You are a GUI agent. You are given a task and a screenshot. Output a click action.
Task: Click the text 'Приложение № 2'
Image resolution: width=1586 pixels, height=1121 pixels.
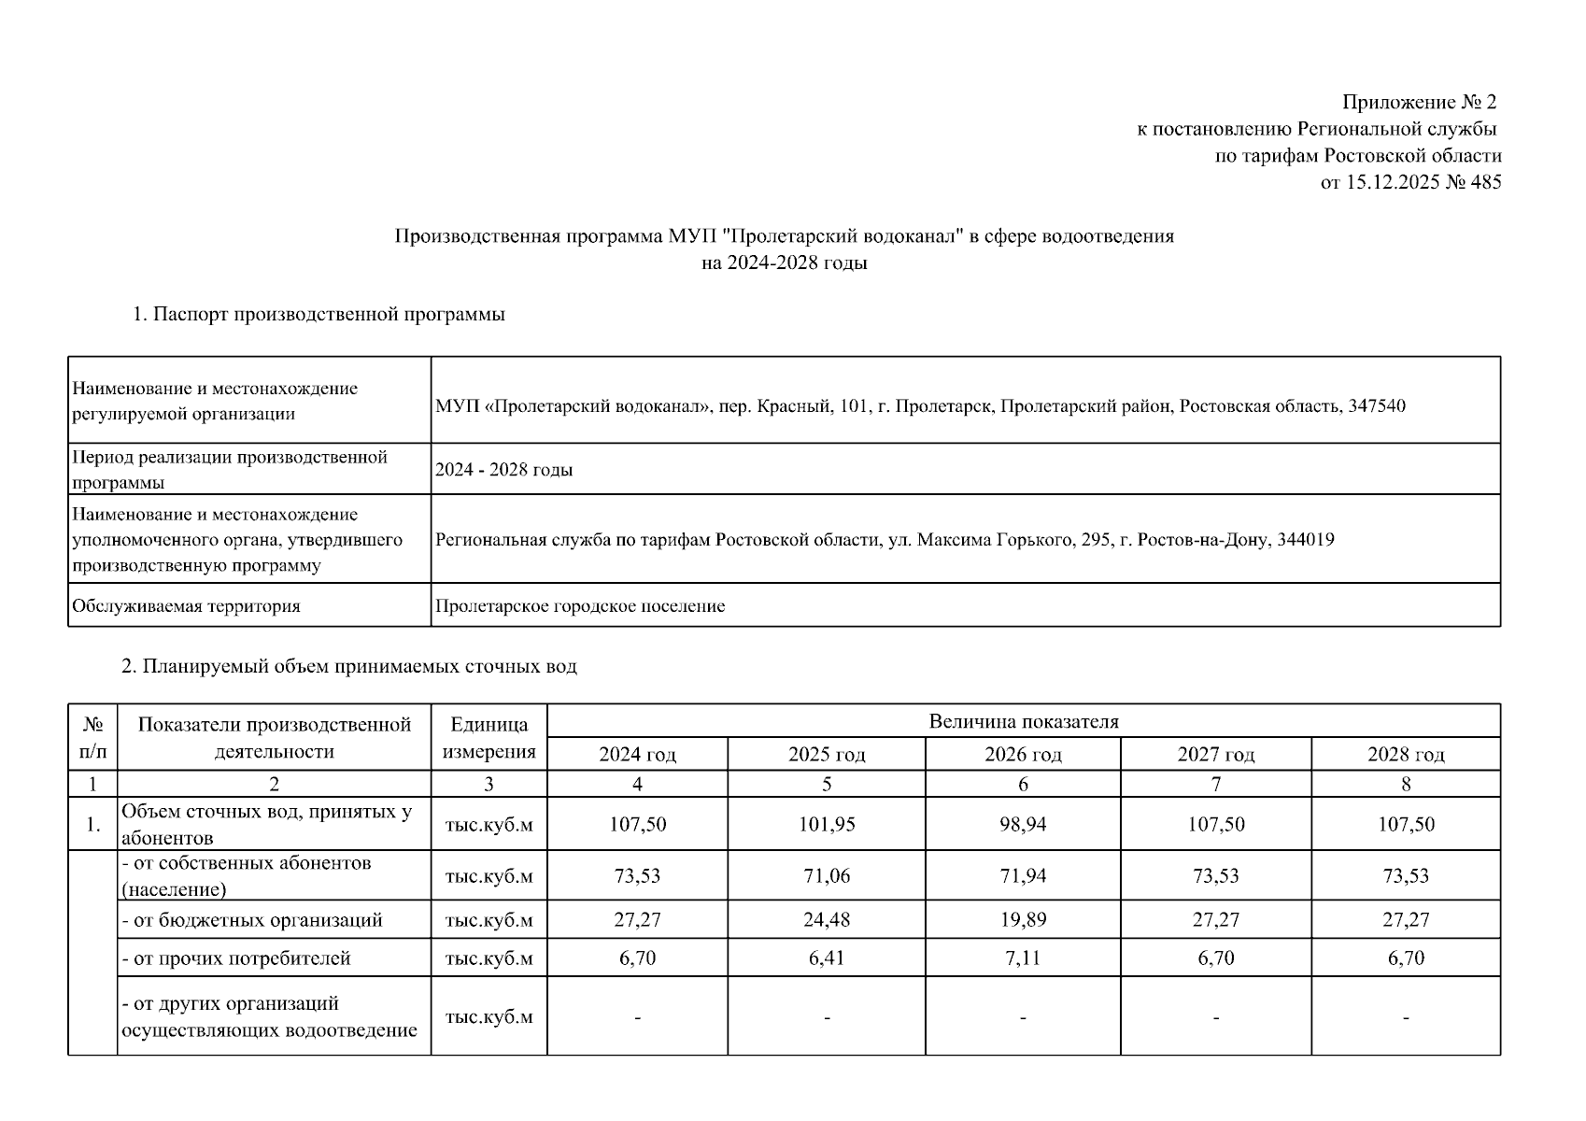(1419, 102)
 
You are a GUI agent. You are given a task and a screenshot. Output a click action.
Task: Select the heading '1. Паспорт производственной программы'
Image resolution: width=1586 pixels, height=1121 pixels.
(319, 315)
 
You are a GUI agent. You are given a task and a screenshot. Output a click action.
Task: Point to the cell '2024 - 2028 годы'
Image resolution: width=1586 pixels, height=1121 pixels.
(503, 470)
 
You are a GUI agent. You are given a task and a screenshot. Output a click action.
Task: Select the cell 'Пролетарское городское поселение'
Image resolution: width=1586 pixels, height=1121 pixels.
(580, 606)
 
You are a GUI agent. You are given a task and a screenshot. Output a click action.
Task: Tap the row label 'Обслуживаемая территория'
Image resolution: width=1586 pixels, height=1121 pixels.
(186, 606)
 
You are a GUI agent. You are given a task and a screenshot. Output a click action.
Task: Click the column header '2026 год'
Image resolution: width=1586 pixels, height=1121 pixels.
(1023, 755)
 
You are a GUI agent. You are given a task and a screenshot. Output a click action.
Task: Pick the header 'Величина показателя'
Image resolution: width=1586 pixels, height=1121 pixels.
(1023, 721)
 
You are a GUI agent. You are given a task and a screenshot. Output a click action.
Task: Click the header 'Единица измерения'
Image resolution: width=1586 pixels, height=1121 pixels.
(489, 738)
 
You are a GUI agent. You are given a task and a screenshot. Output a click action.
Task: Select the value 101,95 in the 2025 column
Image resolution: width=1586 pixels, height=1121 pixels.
(827, 825)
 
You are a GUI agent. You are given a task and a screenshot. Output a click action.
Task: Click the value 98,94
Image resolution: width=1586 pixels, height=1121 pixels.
(1023, 825)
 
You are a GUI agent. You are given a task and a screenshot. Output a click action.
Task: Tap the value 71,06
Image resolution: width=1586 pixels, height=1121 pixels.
(827, 876)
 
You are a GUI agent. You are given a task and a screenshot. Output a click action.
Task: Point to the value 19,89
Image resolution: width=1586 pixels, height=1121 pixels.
(1023, 920)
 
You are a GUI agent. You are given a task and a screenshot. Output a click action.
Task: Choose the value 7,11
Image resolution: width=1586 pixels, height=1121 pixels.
(1023, 958)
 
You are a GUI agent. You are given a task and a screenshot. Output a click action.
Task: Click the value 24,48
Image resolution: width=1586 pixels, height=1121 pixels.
(827, 920)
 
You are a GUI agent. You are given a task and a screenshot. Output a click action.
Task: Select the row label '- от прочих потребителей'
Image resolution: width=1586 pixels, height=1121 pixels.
(236, 958)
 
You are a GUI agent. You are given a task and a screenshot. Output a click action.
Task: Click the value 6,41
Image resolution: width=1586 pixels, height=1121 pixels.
(827, 958)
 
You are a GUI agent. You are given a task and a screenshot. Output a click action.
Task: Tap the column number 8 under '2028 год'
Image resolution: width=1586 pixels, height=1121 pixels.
(1406, 785)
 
